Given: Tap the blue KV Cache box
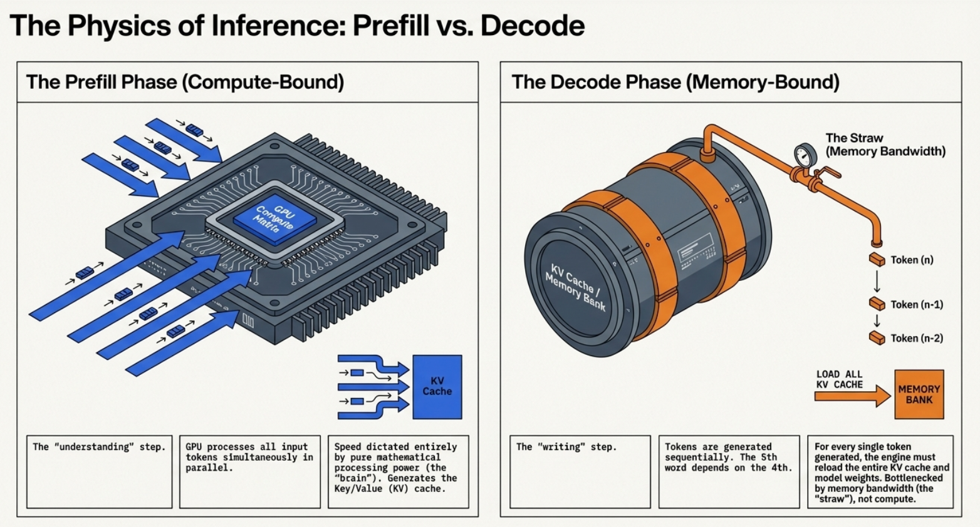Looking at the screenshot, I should click(x=437, y=387).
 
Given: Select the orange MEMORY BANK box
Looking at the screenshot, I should click(x=919, y=394).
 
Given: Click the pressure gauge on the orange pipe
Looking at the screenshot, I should click(x=805, y=155).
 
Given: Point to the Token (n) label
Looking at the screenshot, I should click(x=912, y=260).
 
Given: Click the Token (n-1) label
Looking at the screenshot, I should click(x=917, y=305).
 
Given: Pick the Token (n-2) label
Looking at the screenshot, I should click(x=917, y=338).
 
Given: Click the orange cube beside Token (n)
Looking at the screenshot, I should click(x=877, y=259).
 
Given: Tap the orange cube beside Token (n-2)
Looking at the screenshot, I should click(x=877, y=338).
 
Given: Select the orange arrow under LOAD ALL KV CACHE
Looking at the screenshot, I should click(x=852, y=396).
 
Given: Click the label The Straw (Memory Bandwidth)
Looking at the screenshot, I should click(x=885, y=145).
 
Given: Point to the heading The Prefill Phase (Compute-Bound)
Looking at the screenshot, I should click(x=185, y=82).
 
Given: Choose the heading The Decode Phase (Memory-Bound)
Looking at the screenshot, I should click(x=675, y=82).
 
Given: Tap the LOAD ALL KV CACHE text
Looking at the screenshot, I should click(x=839, y=379).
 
